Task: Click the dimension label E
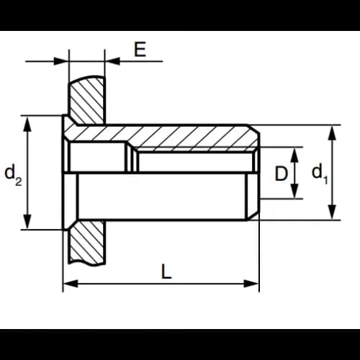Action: [140, 50]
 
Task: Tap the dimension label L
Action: [166, 271]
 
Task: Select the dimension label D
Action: [281, 174]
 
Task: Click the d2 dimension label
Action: [13, 175]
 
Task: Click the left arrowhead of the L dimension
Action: [71, 284]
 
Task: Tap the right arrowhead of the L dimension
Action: [251, 284]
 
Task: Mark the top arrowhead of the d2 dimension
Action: [27, 124]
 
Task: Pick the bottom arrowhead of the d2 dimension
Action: [27, 222]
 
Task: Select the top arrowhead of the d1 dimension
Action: [332, 132]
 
